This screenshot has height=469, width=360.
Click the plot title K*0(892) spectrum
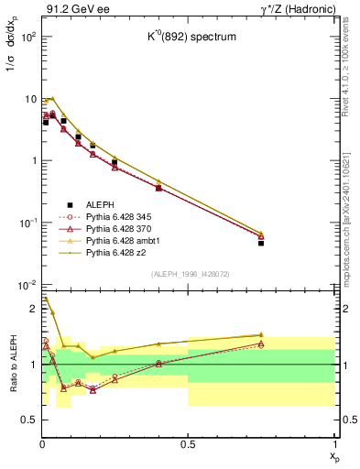pos(186,38)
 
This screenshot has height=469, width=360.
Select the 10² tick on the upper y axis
pos(27,38)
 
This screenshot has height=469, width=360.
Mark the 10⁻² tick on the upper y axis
pos(27,285)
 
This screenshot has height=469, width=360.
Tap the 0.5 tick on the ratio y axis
pos(30,420)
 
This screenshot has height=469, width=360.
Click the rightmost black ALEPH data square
pos(261,243)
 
